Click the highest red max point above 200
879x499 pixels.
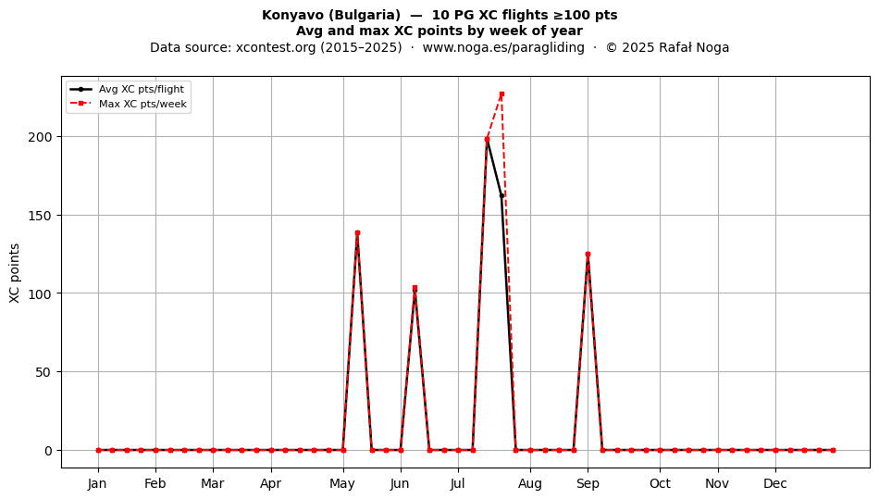(501, 94)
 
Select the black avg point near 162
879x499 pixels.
(501, 196)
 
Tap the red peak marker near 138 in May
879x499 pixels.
(358, 232)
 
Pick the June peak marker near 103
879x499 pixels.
(415, 288)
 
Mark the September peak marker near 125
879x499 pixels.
(588, 254)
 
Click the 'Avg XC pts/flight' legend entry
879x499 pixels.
(142, 89)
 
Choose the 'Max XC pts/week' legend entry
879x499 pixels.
(142, 104)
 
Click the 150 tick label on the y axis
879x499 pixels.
(40, 216)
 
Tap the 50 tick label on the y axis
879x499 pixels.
(43, 372)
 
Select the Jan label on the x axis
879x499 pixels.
(97, 484)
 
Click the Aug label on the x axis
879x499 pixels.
(530, 484)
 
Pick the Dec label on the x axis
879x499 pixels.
(775, 484)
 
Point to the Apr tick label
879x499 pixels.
(271, 484)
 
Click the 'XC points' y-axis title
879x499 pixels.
(15, 273)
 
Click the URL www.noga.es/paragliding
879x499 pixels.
(503, 47)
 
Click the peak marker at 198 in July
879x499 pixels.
(487, 140)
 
